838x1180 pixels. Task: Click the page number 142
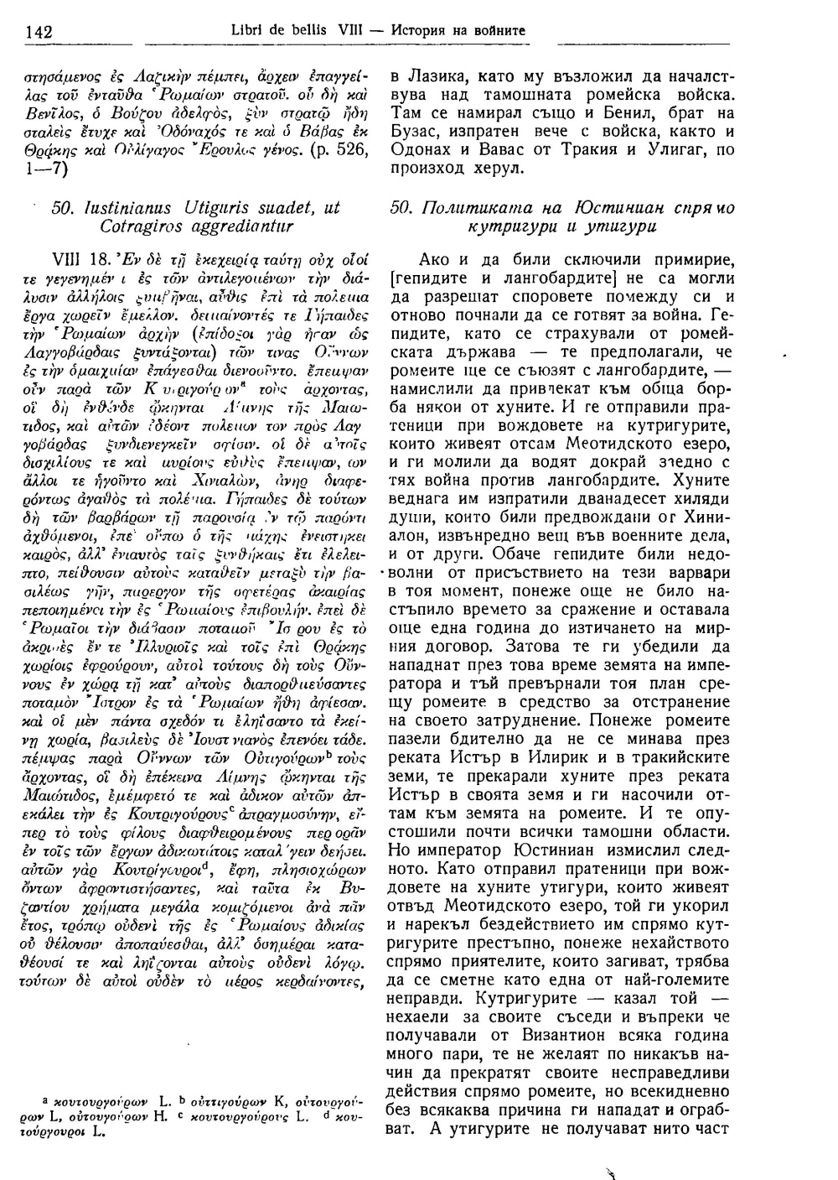40,32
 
